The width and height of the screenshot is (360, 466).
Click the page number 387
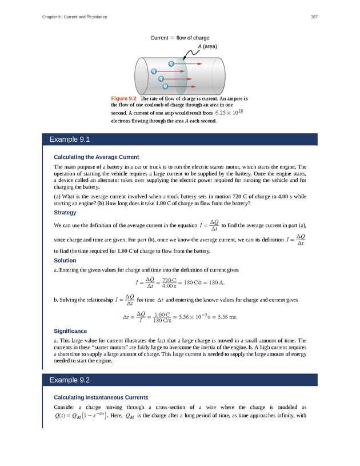(314, 17)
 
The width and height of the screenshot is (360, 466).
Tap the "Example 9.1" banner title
(70, 140)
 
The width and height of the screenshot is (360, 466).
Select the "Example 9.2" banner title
(70, 380)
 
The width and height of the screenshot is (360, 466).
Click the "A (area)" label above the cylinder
(207, 46)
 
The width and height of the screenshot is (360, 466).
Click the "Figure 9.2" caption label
(124, 99)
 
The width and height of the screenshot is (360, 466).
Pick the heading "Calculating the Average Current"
(96, 157)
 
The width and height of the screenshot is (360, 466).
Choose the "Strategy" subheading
(65, 213)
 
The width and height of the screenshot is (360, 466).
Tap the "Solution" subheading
(65, 261)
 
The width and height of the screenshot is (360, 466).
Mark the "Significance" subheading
(70, 331)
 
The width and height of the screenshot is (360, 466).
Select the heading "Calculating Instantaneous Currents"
(101, 397)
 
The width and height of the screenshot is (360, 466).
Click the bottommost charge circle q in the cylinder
(166, 86)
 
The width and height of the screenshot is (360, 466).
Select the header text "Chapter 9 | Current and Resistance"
(74, 17)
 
